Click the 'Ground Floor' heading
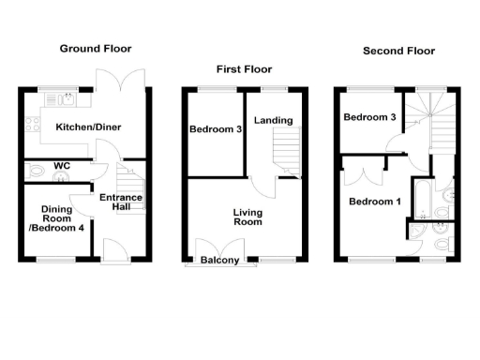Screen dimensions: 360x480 [95, 48]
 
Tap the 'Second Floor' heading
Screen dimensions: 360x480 [398, 51]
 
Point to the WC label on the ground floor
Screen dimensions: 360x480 [63, 166]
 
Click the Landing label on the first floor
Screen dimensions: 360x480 [273, 120]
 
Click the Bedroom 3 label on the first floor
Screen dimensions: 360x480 [216, 129]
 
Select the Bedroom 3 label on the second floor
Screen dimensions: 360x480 [369, 118]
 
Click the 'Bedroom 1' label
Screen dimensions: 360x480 [374, 202]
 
